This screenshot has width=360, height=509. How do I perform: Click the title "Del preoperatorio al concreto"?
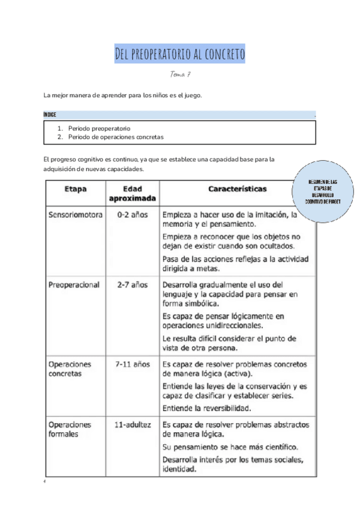coord(180,55)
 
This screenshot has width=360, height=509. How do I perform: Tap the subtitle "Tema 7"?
coord(180,74)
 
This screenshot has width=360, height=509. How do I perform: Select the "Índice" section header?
coord(50,114)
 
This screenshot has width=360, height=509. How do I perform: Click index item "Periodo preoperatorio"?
coord(98,128)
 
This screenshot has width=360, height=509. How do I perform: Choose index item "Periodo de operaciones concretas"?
coord(115,137)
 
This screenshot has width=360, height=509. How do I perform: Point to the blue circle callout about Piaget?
coord(323,191)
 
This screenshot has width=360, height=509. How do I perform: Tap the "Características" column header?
coord(238,188)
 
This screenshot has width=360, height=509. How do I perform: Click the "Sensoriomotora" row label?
coord(75,214)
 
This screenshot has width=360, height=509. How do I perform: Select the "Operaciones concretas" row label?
coord(70,369)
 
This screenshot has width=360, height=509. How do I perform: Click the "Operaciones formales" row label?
coord(70,429)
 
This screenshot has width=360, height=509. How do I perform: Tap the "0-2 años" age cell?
coord(132,214)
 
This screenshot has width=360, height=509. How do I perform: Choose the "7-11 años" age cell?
coord(132,364)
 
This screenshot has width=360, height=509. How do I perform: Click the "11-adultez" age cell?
coord(132,424)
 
